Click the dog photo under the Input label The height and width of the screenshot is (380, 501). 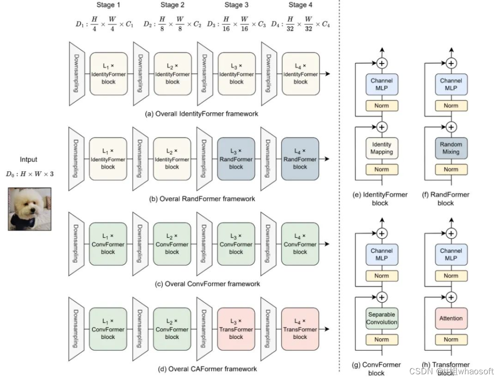pos(29,208)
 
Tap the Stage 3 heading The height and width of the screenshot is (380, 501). pos(236,5)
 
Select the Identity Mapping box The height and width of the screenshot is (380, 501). pos(382,148)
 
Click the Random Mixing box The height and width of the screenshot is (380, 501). pos(451,148)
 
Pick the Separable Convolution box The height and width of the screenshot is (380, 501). pos(382,318)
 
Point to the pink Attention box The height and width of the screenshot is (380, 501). pos(451,318)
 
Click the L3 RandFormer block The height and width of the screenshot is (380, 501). pos(236,159)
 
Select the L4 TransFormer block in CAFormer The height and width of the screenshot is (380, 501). pos(300,329)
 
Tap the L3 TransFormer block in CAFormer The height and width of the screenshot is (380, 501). pos(236,329)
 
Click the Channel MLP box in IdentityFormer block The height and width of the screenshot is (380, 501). pos(382,84)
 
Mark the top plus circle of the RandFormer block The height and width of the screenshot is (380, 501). pos(451,62)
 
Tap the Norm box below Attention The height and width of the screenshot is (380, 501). pos(451,339)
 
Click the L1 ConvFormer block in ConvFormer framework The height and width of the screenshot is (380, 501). pos(108,244)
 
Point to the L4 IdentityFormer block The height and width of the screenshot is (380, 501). pos(300,74)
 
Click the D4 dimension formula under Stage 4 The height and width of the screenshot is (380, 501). pos(300,24)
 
